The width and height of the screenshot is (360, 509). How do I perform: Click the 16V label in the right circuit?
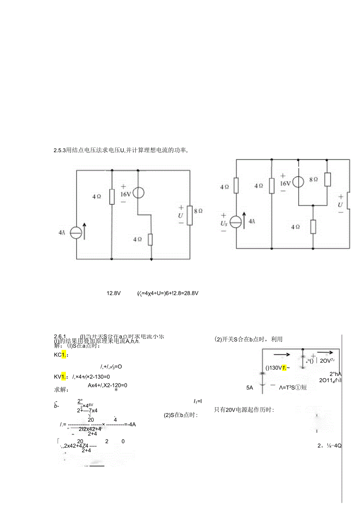pyautogui.click(x=285, y=183)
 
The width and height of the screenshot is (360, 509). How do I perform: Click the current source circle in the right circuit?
pyautogui.click(x=236, y=222)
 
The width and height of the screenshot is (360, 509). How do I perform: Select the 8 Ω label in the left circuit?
pyautogui.click(x=199, y=210)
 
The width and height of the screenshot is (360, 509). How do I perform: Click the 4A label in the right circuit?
pyautogui.click(x=251, y=221)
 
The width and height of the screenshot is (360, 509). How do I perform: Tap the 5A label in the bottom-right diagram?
pyautogui.click(x=250, y=388)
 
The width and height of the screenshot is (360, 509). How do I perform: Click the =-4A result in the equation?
pyautogui.click(x=134, y=424)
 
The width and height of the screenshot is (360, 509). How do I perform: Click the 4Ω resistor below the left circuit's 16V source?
pyautogui.click(x=150, y=239)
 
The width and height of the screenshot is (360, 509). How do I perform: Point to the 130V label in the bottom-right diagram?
pyautogui.click(x=274, y=367)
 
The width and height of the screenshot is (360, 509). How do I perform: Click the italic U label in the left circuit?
pyautogui.click(x=180, y=215)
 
